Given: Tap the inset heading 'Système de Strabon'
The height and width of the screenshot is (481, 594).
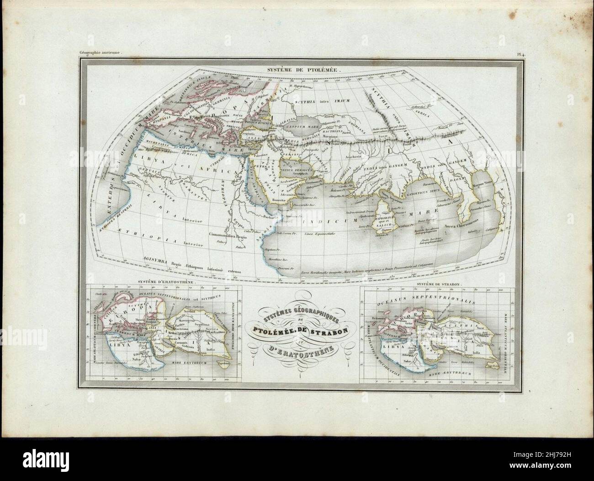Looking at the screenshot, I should point(439,283).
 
